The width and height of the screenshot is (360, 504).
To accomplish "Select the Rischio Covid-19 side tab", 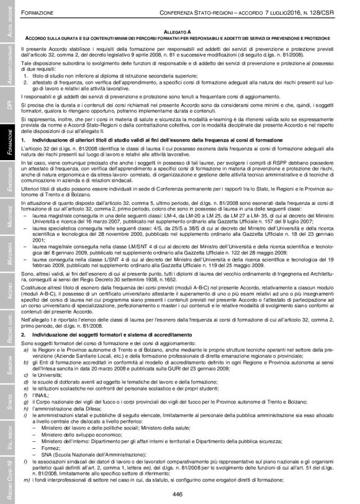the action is [x=8, y=482].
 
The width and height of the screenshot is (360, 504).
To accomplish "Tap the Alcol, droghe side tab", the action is [x=8, y=25].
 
